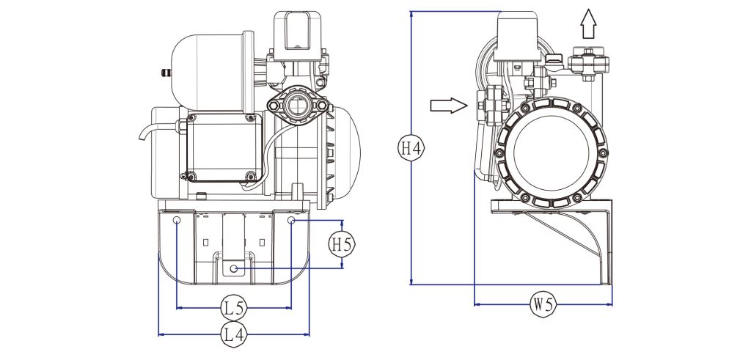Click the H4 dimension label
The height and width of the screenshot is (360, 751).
[x=411, y=148]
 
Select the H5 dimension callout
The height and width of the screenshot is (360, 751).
[x=342, y=245]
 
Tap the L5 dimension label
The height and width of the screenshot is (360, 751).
[x=234, y=308]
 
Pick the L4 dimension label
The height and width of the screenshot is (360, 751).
[x=234, y=334]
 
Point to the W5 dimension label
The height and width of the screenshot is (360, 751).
[x=543, y=304]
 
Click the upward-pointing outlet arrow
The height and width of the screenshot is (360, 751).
[x=588, y=24]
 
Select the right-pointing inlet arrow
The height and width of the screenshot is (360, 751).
[x=448, y=106]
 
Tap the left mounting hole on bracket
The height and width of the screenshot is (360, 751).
[x=177, y=220]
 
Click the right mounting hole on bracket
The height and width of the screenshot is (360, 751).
[x=291, y=220]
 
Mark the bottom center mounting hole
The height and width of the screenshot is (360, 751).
[x=234, y=268]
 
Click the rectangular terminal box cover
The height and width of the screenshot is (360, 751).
[x=224, y=147]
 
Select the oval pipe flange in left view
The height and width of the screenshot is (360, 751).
[x=298, y=105]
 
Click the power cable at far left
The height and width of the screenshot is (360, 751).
[x=145, y=132]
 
